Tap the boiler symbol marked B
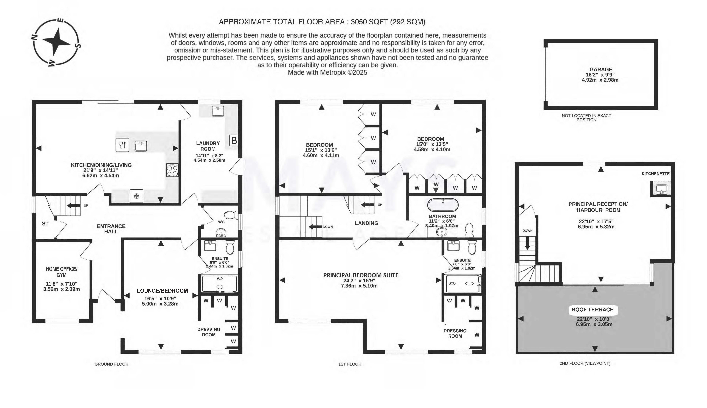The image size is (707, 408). pos(234,140)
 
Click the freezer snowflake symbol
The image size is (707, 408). pos(137,196)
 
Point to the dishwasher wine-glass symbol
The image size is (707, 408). pos(122,145)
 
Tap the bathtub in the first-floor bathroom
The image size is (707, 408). pos(443,205)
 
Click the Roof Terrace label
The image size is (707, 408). pos(592,309)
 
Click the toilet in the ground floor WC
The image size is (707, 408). pos(231,215)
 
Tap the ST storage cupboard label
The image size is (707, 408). pos(45,224)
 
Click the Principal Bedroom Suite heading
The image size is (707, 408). pos(361,275)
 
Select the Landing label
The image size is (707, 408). pos(366,223)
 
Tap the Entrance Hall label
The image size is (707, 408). pos(111,229)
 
